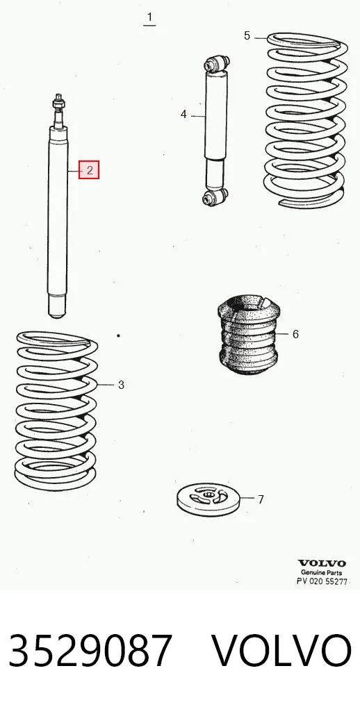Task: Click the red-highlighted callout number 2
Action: coord(90,170)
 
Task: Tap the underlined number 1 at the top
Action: coord(149,19)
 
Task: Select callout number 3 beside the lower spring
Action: coord(121,385)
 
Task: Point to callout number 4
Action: coord(183,115)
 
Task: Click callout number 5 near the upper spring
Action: coord(247,35)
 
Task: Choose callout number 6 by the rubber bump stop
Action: coord(295,333)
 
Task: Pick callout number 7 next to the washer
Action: coord(261,499)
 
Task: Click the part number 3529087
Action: coord(90,650)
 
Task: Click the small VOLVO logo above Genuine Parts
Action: coord(322,563)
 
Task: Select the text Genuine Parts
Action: coord(322,573)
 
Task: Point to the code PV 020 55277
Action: coord(322,581)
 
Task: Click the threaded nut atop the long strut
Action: coord(58,104)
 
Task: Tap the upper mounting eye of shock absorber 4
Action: coord(217,63)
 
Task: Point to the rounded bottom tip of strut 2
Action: coord(57,315)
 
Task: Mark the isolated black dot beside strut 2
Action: coord(118,335)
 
